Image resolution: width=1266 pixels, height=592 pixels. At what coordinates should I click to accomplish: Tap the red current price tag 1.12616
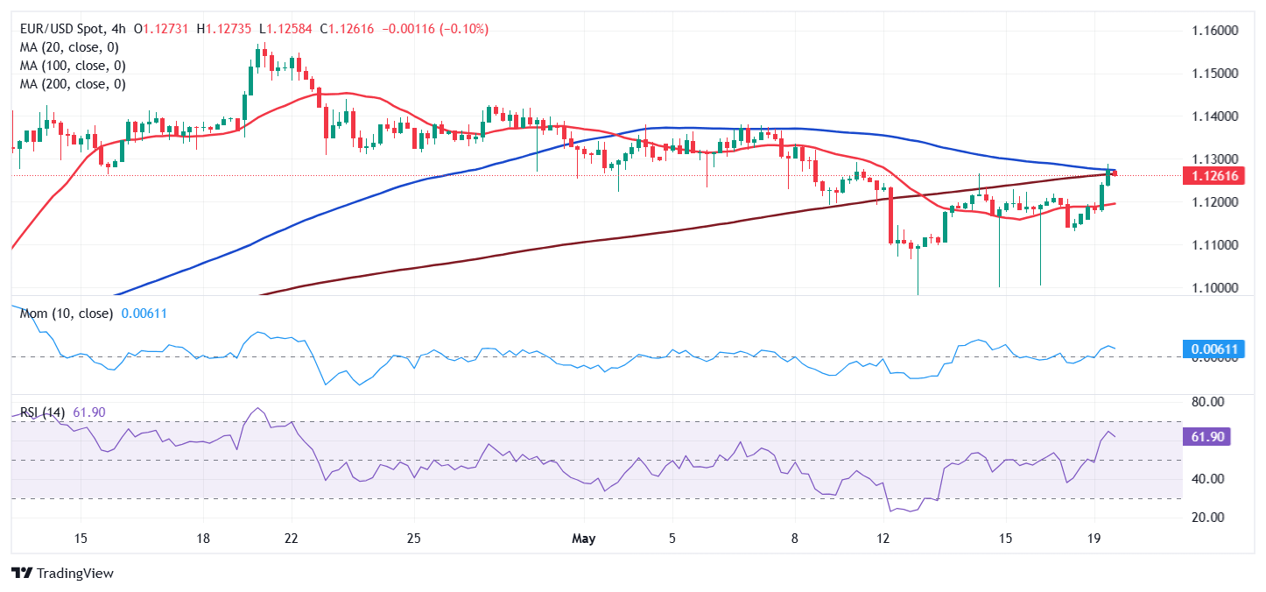1210,176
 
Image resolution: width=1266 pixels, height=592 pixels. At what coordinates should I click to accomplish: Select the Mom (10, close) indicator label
66,314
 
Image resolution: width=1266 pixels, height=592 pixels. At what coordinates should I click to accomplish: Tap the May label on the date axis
582,538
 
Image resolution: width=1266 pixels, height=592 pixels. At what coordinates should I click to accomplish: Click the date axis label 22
292,538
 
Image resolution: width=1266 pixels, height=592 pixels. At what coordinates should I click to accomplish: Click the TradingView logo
64,574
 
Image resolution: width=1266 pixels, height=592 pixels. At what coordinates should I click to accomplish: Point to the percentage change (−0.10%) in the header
463,29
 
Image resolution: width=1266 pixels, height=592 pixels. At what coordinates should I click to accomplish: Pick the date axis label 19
1094,538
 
